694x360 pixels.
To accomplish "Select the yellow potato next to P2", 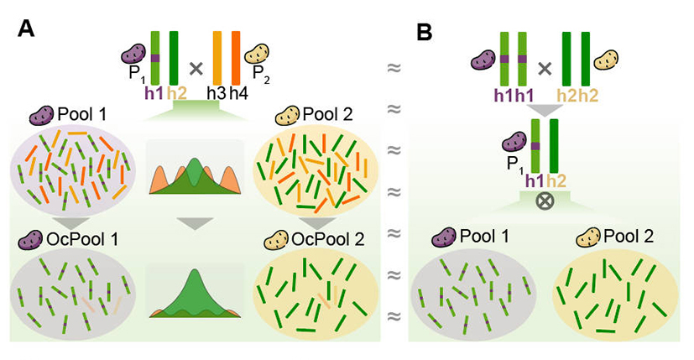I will click(258, 55).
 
